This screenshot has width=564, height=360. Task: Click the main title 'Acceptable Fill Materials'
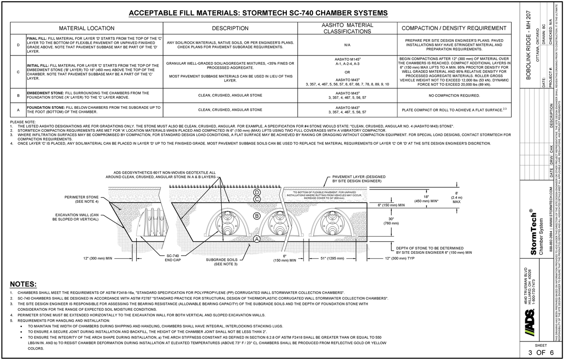(x=258, y=13)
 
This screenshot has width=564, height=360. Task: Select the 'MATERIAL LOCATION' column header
(x=86, y=28)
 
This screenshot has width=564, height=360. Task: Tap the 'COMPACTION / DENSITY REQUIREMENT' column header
(x=454, y=28)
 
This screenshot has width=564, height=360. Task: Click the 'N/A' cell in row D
(x=347, y=45)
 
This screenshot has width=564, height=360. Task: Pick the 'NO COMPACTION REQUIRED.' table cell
(x=454, y=96)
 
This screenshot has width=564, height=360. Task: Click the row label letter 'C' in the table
(x=18, y=72)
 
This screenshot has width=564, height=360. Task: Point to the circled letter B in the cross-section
(x=256, y=216)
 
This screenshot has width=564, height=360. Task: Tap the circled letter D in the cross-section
(x=256, y=193)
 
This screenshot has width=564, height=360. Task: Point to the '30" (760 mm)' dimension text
(x=391, y=221)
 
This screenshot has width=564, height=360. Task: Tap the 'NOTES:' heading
(x=23, y=284)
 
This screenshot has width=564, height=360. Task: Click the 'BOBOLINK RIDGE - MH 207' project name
(x=528, y=45)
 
